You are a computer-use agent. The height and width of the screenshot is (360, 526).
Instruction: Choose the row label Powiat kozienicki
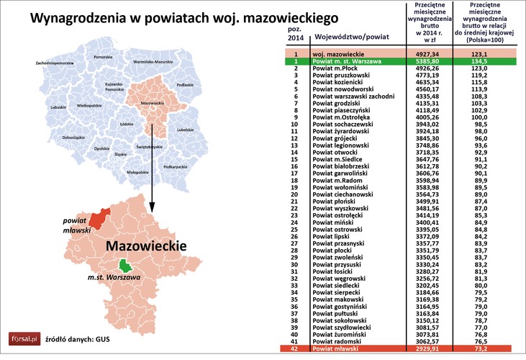pos(343,84)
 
